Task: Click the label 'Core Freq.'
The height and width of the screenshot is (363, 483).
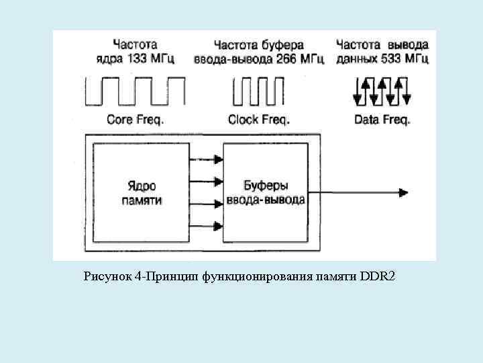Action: (x=135, y=120)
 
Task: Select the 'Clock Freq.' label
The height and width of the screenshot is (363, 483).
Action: (x=259, y=120)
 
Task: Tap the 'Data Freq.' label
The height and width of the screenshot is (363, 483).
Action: (x=381, y=120)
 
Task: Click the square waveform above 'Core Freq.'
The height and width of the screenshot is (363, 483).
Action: (x=135, y=91)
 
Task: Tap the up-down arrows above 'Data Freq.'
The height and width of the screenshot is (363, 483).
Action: (x=381, y=91)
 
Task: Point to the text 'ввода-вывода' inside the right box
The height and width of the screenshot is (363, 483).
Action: (x=266, y=200)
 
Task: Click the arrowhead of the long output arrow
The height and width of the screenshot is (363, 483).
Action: (x=402, y=193)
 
